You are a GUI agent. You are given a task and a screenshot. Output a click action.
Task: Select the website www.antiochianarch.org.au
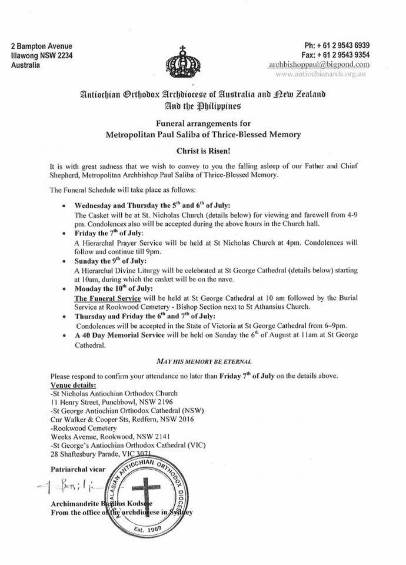(x=322, y=75)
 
